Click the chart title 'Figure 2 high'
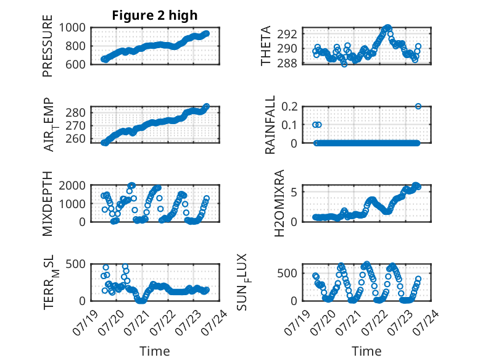coord(155,15)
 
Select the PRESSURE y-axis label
coord(48,46)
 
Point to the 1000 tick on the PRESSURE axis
coord(72,28)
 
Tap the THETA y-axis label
coord(266,46)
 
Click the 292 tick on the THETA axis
coord(287,34)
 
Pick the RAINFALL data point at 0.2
coord(418,106)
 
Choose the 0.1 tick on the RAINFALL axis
coord(289,125)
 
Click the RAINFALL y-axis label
coord(270,125)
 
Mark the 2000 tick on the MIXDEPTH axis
coord(72,185)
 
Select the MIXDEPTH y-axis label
coord(48,203)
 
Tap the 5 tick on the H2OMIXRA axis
coord(294,192)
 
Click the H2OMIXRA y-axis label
coord(279,203)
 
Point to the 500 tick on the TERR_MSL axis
coord(75,264)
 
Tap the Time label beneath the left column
coord(155,351)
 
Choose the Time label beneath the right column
coord(366,351)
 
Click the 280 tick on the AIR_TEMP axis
coord(75,112)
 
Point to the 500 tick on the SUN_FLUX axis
coord(287,273)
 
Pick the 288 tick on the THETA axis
coord(287,63)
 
